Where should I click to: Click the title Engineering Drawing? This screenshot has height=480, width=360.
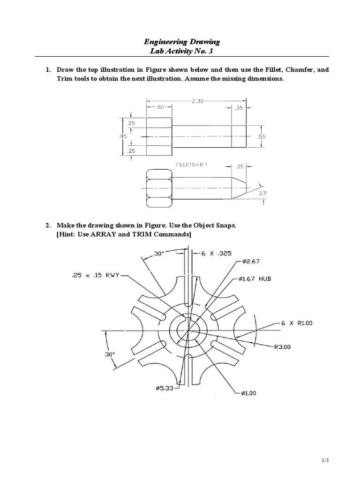(180, 42)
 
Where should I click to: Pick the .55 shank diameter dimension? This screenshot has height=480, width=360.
(262, 136)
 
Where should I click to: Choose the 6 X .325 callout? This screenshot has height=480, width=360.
(216, 253)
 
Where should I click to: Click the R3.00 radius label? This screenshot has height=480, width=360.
(283, 347)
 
